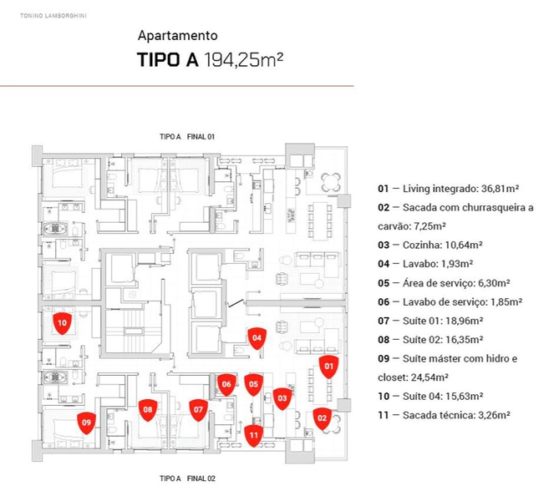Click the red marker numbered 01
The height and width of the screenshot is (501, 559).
(x=328, y=367)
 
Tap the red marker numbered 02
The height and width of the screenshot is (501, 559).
(x=322, y=418)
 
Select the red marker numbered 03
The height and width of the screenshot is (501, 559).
(x=282, y=399)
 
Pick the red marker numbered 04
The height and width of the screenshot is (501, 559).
(x=257, y=338)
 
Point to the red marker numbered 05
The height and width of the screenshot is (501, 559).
(x=253, y=385)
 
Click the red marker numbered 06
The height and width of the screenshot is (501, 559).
(x=226, y=385)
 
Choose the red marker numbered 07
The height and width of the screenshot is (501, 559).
(x=198, y=410)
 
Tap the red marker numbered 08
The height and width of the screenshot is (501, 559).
(x=148, y=410)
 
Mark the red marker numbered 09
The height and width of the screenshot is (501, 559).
(x=87, y=423)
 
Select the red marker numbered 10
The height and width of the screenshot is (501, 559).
(x=62, y=323)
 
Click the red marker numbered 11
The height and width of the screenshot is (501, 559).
(x=253, y=436)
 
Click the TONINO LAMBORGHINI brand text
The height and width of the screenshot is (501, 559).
(x=53, y=16)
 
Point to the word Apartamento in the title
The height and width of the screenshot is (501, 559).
(x=177, y=36)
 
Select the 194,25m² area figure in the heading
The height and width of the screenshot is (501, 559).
(x=244, y=59)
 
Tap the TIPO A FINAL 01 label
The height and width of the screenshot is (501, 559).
(x=187, y=136)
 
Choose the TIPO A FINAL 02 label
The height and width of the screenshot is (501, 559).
(x=187, y=478)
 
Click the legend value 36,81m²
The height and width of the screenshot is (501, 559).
(x=500, y=189)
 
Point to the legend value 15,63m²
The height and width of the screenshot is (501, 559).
(x=465, y=397)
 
